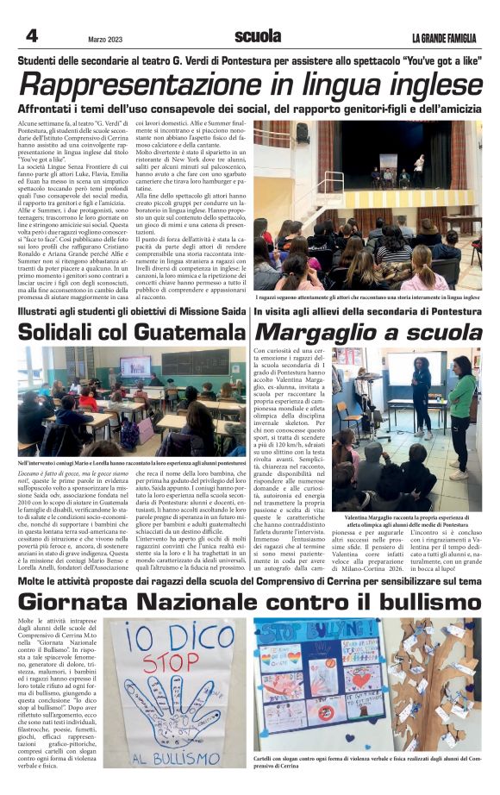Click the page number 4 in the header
click(x=32, y=35)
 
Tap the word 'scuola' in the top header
click(x=257, y=36)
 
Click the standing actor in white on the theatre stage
click(x=419, y=164)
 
